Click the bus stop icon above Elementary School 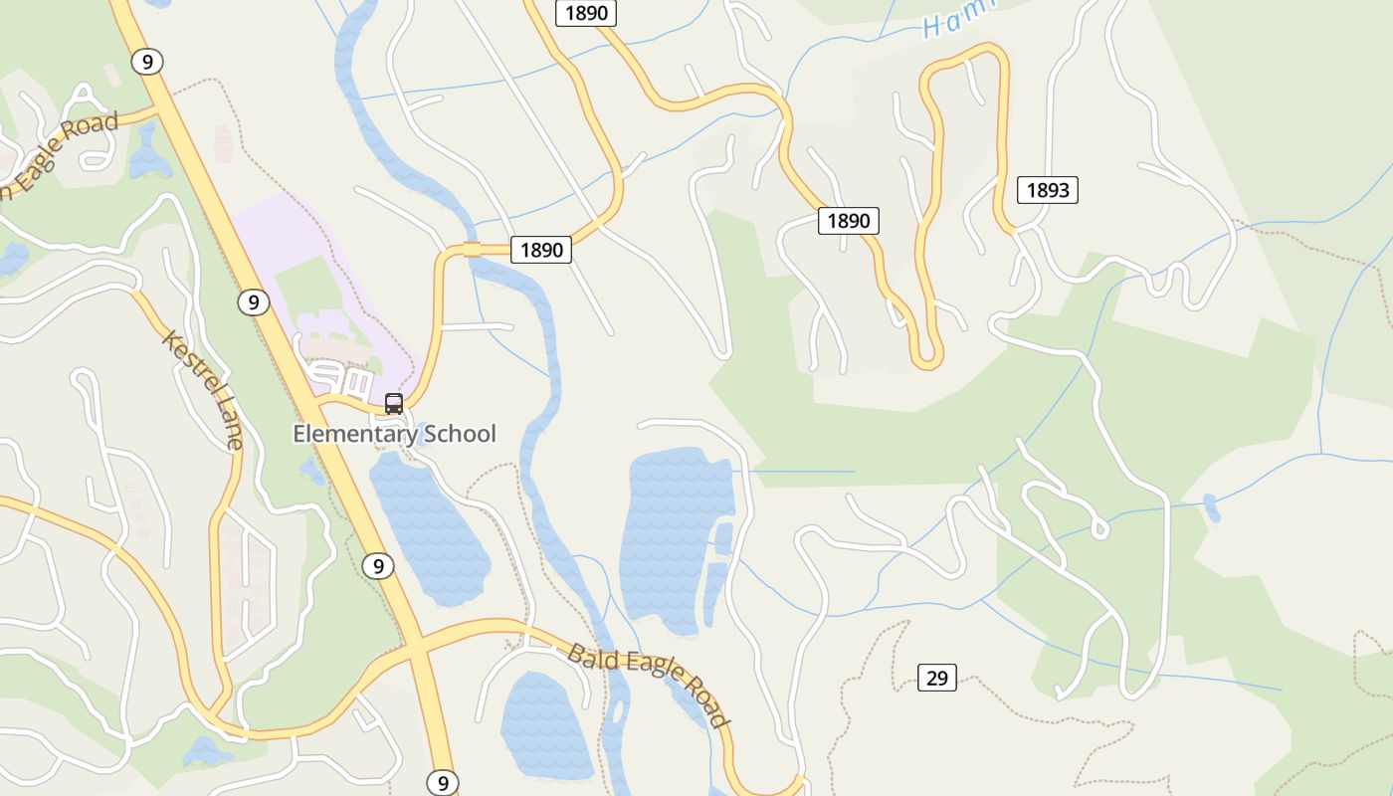point(394,403)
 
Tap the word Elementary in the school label point(354,434)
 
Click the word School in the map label point(460,434)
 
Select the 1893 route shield point(1047,190)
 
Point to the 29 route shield point(936,678)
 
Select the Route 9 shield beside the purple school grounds point(254,301)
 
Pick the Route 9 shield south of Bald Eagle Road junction point(443,782)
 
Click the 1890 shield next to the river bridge point(541,250)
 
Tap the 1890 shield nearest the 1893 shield point(848,220)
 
